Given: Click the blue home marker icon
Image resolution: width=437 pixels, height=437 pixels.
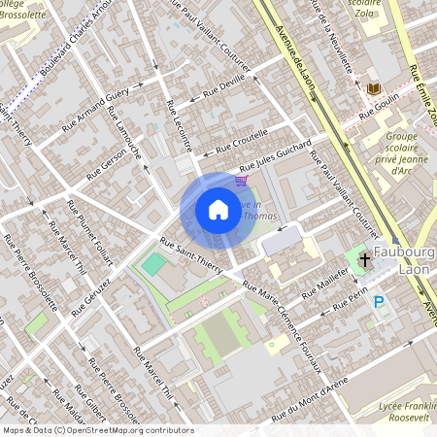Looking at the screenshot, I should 218,209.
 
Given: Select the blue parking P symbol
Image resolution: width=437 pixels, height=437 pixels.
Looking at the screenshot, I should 379,302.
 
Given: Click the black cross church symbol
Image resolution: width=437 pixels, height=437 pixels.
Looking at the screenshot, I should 365,259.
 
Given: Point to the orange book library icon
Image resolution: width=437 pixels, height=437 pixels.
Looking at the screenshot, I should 372,89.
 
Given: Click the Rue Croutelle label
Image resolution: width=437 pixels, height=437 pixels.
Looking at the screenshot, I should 241,142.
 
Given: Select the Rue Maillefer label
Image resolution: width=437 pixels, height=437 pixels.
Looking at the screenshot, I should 326,282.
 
